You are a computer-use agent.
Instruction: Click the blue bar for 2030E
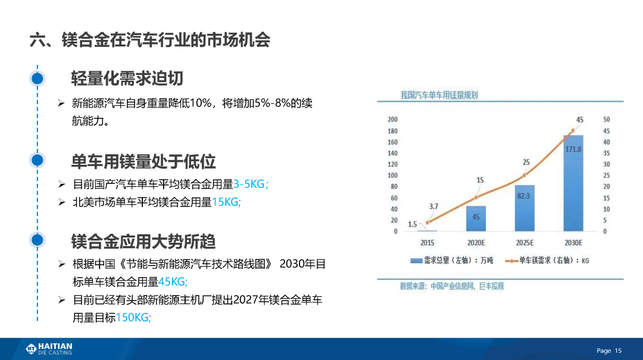point(573,183)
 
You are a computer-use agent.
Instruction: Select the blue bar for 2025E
point(525,208)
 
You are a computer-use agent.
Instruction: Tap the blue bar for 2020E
point(476,218)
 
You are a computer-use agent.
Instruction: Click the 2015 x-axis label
point(427,243)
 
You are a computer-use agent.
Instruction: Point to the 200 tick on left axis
point(392,120)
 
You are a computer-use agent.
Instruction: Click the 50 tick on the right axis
point(607,120)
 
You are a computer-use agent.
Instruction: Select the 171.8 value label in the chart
point(573,149)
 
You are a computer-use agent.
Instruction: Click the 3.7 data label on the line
point(433,206)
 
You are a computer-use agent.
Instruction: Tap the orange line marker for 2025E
point(525,176)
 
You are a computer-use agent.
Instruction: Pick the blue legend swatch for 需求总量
point(416,261)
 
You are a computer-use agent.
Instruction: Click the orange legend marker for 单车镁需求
point(511,261)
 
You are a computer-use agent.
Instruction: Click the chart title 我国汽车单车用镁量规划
point(439,95)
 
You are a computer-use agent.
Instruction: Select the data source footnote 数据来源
point(452,286)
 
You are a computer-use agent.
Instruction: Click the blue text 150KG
point(133,317)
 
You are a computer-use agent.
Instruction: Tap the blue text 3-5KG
point(251,184)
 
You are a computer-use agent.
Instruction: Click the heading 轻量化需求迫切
point(127,79)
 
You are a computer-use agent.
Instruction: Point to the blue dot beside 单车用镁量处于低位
point(38,160)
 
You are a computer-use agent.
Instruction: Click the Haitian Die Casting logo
point(49,349)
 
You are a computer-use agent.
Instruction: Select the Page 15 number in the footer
point(609,350)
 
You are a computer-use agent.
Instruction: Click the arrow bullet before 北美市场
point(61,202)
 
